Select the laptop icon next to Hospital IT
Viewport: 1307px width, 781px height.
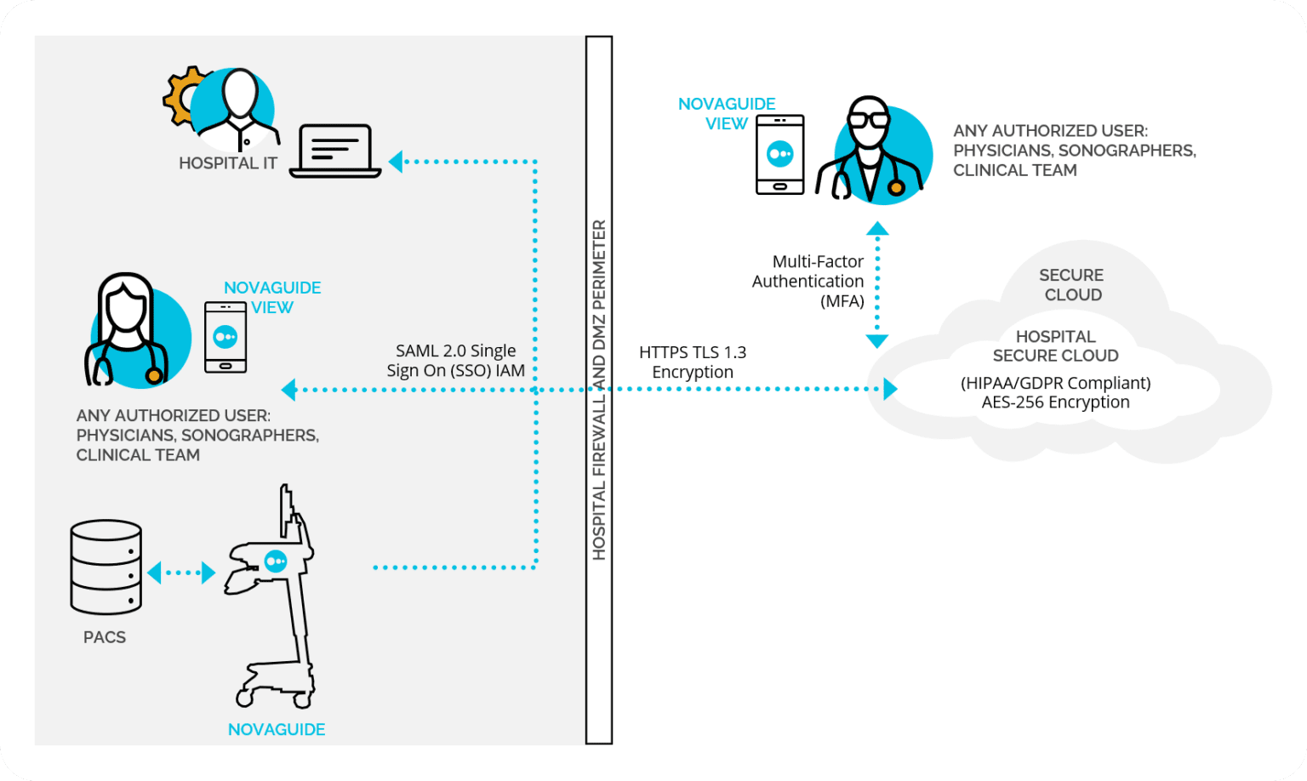pos(335,151)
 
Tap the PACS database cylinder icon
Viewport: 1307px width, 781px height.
pos(106,567)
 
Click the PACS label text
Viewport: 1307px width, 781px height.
pos(105,637)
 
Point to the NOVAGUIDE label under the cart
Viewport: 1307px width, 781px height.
pos(277,729)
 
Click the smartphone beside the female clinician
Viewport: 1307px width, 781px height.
pos(225,337)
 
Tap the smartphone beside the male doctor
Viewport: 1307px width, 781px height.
pos(780,155)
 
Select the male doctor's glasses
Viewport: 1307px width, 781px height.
pos(868,119)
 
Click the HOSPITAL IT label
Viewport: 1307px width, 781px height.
pos(228,163)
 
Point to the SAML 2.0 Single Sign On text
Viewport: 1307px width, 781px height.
pos(456,361)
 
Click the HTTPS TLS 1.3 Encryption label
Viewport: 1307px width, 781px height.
pos(693,362)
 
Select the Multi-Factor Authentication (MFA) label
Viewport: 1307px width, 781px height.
pos(808,281)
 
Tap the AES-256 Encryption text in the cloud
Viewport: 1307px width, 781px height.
pos(1055,402)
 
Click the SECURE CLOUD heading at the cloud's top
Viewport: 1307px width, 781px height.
pos(1072,285)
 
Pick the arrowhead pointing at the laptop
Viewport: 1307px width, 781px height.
pos(396,161)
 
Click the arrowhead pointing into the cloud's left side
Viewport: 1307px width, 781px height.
pos(890,389)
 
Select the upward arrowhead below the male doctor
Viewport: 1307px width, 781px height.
pos(877,229)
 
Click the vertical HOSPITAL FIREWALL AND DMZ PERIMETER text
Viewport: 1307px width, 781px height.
pos(599,390)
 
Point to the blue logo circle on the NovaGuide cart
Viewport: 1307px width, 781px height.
pos(275,561)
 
